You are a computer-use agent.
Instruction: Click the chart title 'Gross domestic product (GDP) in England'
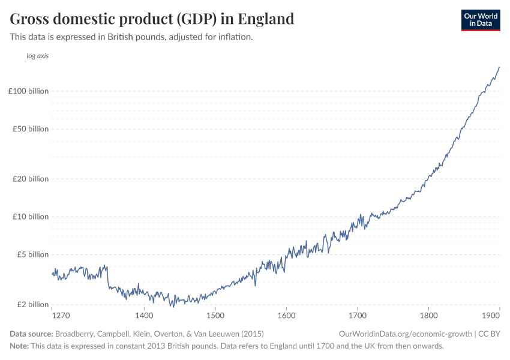152,19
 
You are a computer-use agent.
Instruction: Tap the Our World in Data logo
480,20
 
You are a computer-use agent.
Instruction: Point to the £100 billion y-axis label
28,91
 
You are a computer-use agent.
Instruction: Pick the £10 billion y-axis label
30,217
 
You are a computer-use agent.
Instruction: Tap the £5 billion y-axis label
32,254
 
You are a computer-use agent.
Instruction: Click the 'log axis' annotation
37,56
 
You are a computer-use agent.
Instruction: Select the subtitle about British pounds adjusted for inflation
131,37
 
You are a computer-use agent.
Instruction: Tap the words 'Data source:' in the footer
31,334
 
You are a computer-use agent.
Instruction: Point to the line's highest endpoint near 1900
499,67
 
